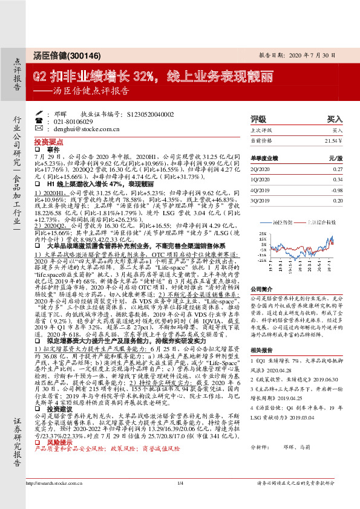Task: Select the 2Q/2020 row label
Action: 260,170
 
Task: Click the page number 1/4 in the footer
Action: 180,500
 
